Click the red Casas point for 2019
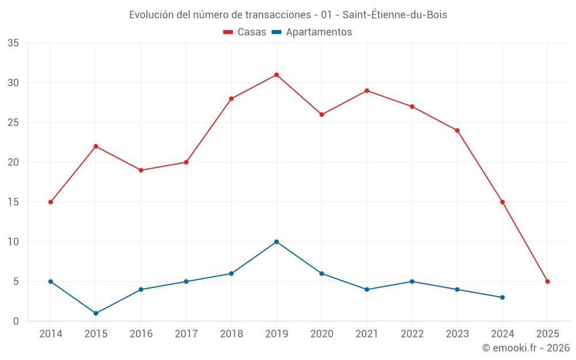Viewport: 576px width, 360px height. click(276, 75)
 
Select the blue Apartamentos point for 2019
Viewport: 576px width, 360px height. click(276, 242)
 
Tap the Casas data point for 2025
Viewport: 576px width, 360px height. click(548, 282)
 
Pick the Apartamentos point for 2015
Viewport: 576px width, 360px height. click(96, 313)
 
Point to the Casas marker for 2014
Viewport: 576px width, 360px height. click(51, 202)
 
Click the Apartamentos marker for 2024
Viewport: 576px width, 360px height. click(502, 297)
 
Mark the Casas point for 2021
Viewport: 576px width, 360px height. click(367, 90)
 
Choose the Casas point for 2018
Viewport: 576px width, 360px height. click(232, 98)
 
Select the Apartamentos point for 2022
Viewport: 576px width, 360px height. click(412, 282)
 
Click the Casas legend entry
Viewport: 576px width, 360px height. click(245, 32)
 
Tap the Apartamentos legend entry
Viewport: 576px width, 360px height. click(312, 32)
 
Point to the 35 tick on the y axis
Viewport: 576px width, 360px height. click(13, 43)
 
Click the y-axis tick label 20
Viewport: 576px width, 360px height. click(13, 162)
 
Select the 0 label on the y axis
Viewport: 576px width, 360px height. click(16, 321)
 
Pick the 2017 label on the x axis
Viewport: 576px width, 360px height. click(186, 334)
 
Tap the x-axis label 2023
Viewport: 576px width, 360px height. click(457, 334)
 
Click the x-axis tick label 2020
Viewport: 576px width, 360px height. click(321, 334)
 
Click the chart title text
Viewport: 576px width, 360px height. click(288, 15)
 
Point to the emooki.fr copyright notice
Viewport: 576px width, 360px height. click(526, 348)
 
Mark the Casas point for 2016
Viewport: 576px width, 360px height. click(141, 170)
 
